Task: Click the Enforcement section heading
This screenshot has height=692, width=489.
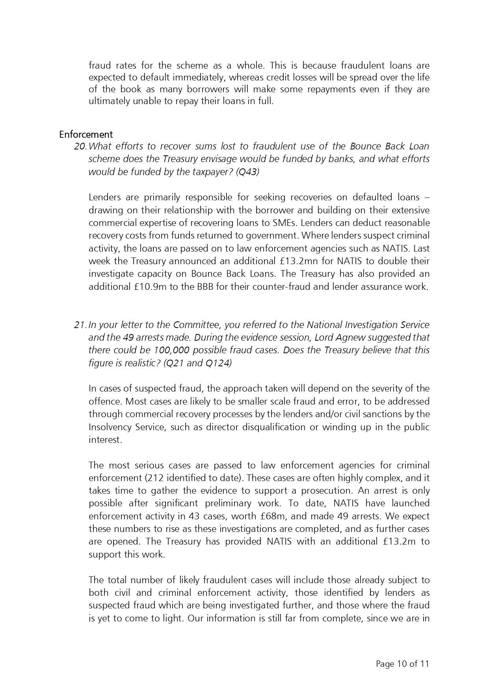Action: click(x=86, y=134)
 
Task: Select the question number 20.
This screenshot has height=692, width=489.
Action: click(x=80, y=146)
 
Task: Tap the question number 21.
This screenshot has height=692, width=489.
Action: click(x=80, y=325)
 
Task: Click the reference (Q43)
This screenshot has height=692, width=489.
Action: click(x=247, y=172)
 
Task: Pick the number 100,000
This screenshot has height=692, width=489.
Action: click(x=172, y=350)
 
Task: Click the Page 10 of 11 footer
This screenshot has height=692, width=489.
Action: click(x=402, y=664)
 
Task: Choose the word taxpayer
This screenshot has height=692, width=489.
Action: click(x=215, y=172)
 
